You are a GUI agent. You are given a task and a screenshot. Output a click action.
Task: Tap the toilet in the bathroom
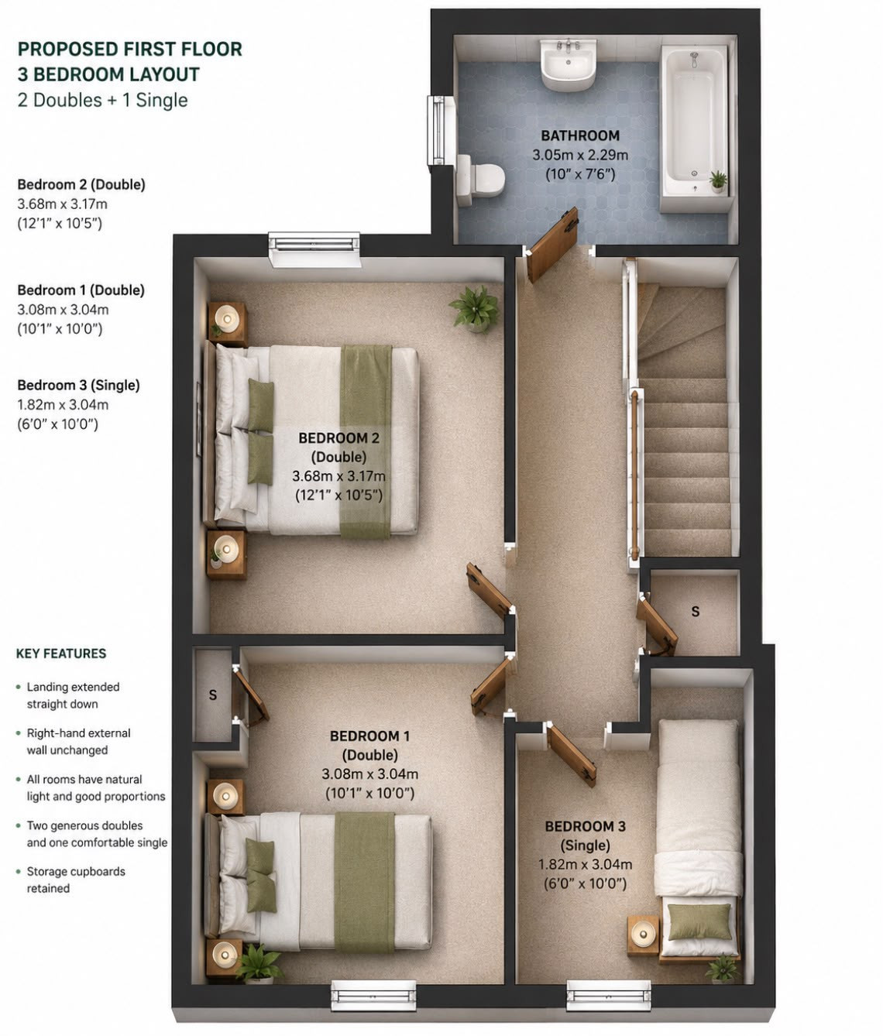(480, 180)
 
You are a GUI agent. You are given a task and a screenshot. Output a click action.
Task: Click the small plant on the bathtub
(718, 181)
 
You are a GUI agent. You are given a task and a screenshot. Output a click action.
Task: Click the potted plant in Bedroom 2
(474, 308)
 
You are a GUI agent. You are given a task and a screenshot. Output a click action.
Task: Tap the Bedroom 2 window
(314, 249)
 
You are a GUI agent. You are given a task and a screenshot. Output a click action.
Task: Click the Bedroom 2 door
(490, 590)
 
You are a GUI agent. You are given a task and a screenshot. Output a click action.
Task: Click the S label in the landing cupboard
(695, 611)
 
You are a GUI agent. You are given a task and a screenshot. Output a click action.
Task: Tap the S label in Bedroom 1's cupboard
(212, 695)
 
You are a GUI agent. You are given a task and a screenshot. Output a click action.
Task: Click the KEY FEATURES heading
(61, 654)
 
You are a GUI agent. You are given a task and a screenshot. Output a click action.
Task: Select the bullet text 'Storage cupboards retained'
(76, 880)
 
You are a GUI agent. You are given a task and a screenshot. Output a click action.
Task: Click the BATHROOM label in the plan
(580, 136)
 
